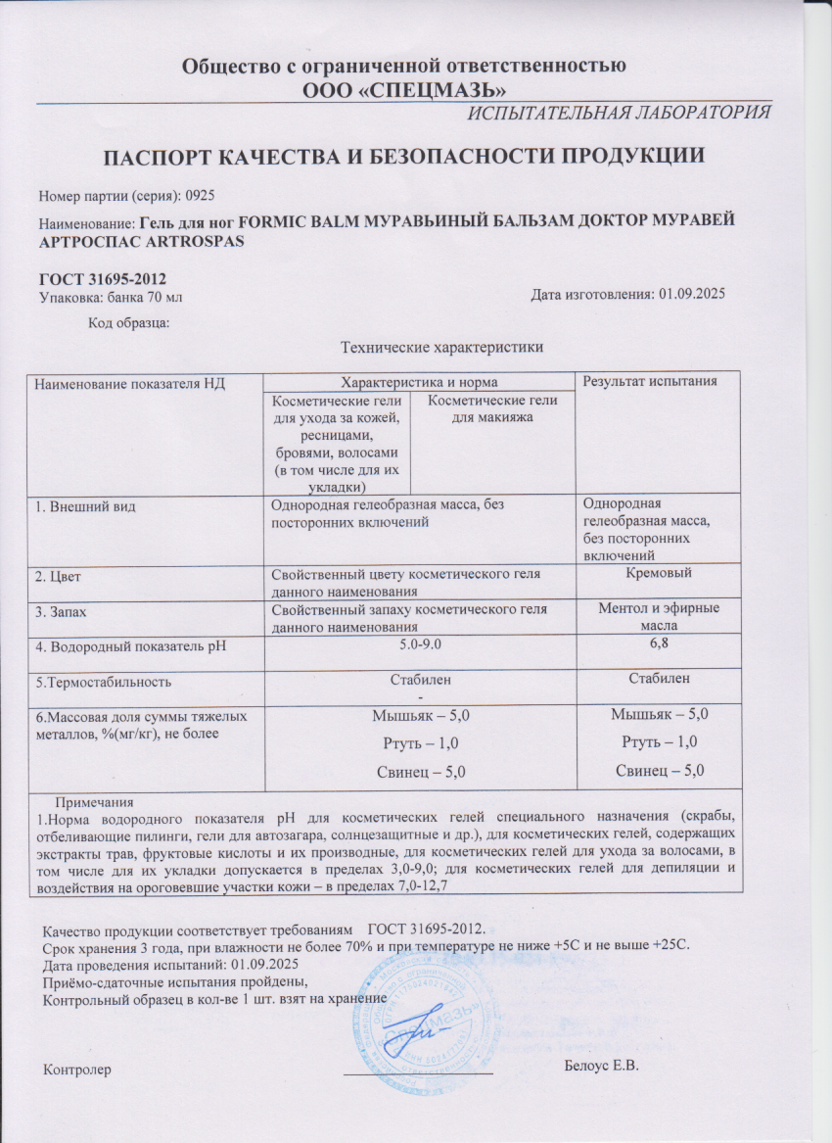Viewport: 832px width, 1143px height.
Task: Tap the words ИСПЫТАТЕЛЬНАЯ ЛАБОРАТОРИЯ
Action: coord(620,113)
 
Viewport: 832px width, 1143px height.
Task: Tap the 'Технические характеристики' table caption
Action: coord(439,346)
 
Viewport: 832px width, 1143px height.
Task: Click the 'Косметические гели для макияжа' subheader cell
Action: coord(494,408)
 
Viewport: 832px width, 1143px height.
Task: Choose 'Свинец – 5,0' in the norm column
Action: coord(421,772)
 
